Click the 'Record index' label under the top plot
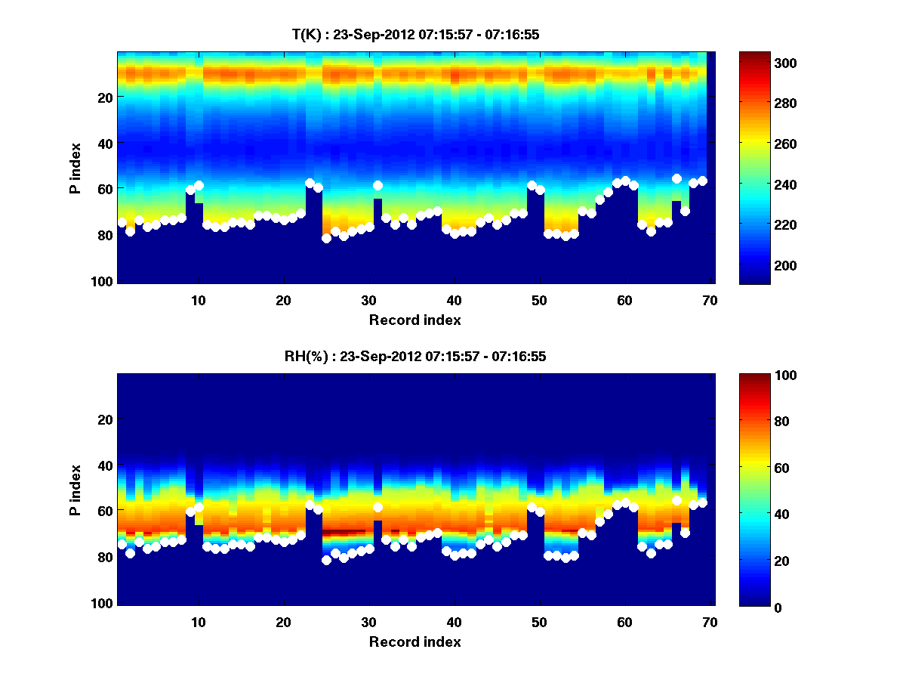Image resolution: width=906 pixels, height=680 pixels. coord(415,320)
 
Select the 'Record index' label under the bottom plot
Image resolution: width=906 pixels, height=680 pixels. coord(415,641)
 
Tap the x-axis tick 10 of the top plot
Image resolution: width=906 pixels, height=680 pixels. coord(198,300)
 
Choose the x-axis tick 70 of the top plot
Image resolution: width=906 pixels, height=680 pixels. coord(710,300)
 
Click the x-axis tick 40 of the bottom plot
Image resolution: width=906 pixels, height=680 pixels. coord(454,622)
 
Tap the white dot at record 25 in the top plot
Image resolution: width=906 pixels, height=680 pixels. coord(326,238)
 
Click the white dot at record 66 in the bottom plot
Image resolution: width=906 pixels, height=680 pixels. coord(676,501)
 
